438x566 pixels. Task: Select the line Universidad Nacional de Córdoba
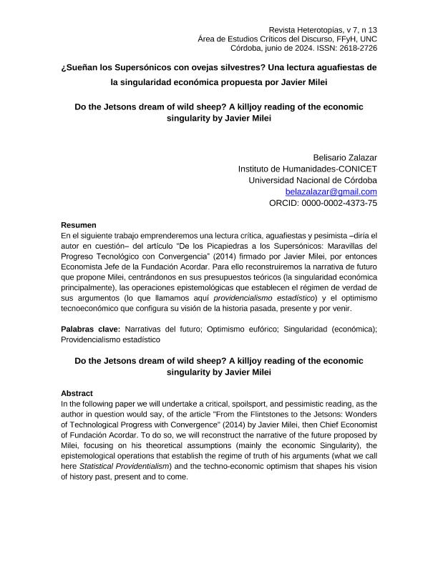tap(313, 180)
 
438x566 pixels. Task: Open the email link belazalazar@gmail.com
tap(331, 192)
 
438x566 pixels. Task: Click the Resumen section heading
tap(79, 225)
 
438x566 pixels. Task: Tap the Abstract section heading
tap(77, 393)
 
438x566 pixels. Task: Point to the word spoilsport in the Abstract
tap(271, 404)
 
